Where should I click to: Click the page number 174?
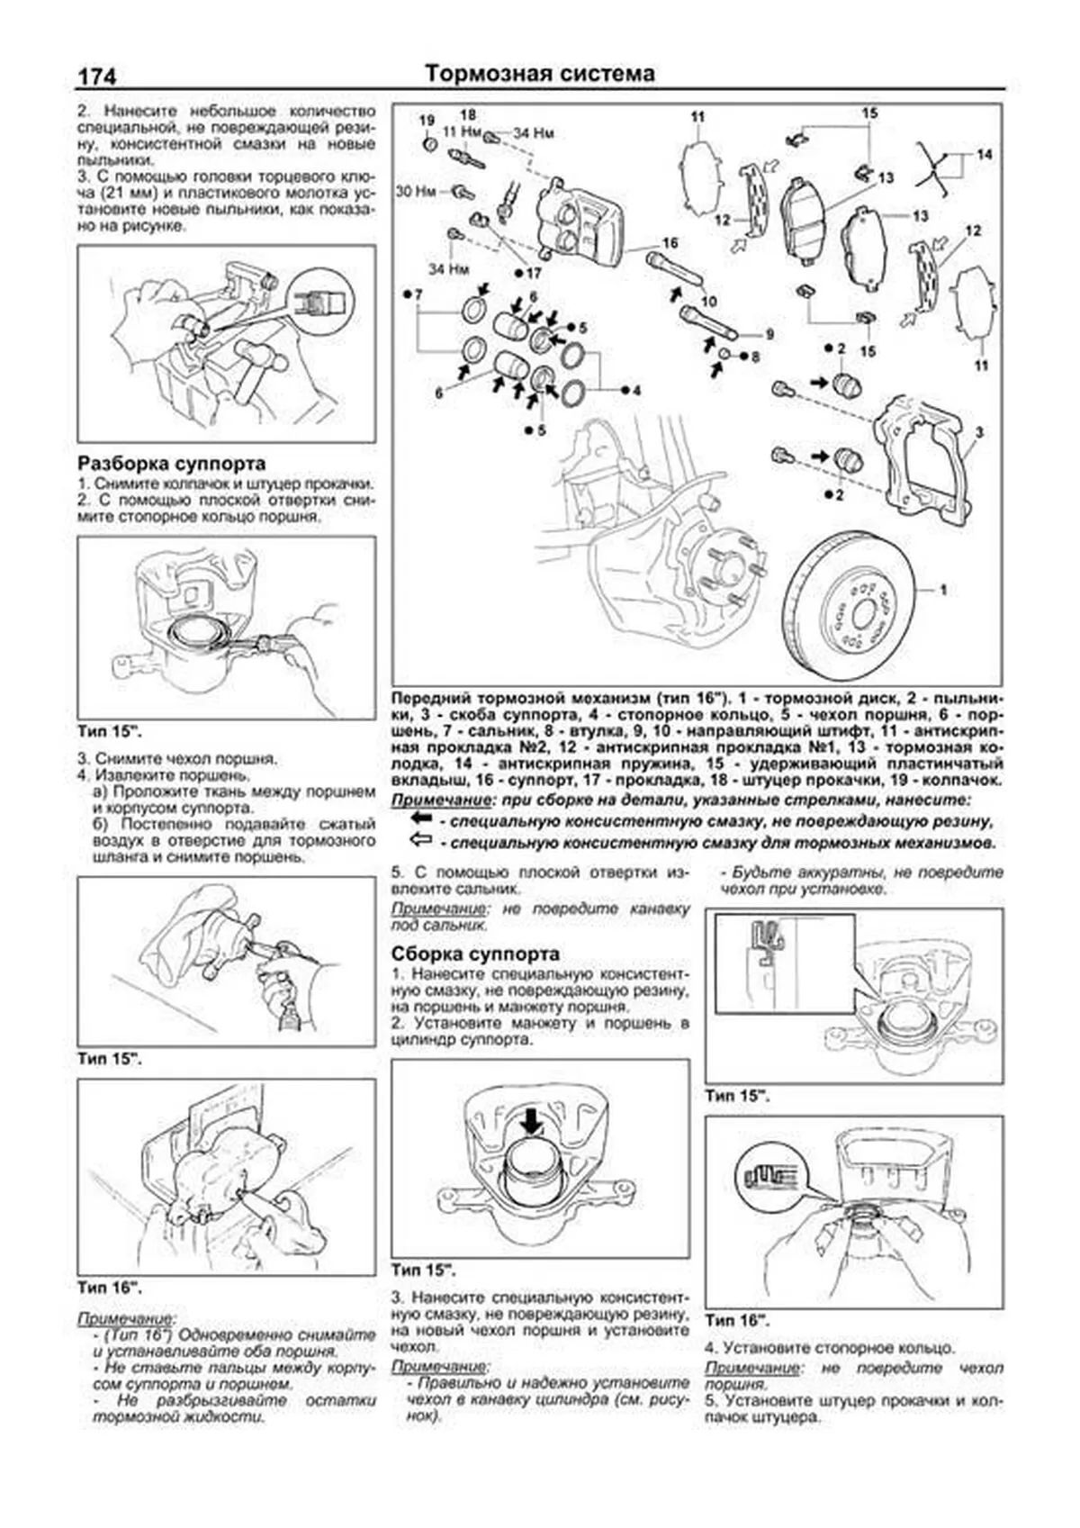coord(96,77)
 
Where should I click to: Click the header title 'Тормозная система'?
coord(539,73)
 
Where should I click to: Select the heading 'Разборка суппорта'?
coord(172,464)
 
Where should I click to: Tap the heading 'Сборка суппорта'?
coord(475,954)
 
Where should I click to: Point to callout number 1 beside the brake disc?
coord(943,590)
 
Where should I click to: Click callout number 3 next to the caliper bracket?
coord(979,432)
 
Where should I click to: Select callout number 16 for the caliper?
coord(670,243)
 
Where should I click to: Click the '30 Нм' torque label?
coord(416,191)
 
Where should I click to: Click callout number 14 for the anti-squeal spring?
coord(984,155)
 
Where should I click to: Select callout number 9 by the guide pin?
coord(769,334)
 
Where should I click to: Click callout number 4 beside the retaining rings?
coord(635,390)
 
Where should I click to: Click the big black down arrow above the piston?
coord(532,1122)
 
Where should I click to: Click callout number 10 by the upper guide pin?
coord(709,302)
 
